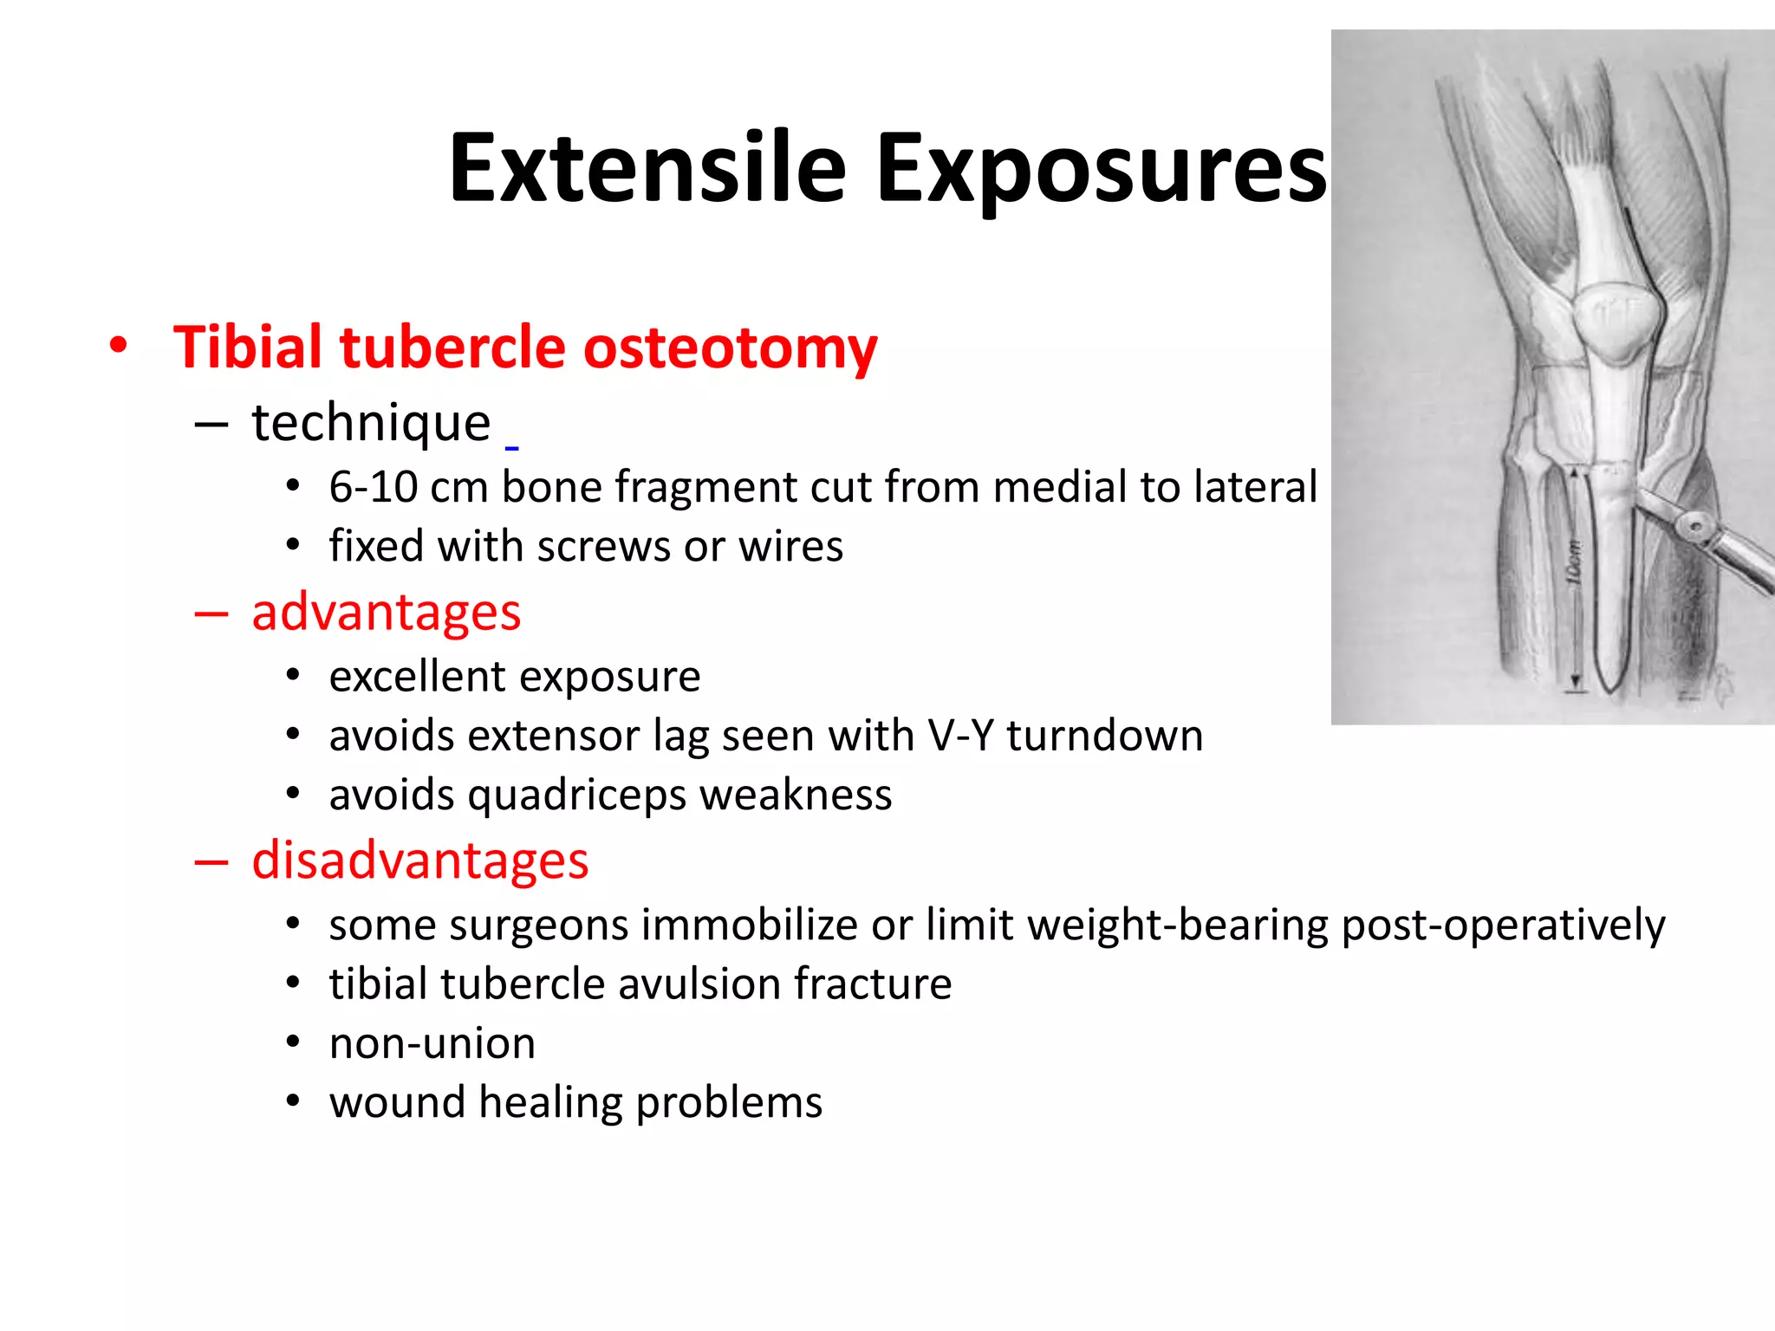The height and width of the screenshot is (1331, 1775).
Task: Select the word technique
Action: pyautogui.click(x=371, y=423)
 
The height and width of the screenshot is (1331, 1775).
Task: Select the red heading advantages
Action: pyautogui.click(x=386, y=612)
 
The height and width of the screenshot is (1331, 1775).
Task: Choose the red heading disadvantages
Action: pyautogui.click(x=419, y=860)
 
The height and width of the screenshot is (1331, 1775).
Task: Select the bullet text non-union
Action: pyautogui.click(x=432, y=1043)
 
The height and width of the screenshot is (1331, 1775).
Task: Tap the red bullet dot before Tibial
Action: pyautogui.click(x=119, y=346)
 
